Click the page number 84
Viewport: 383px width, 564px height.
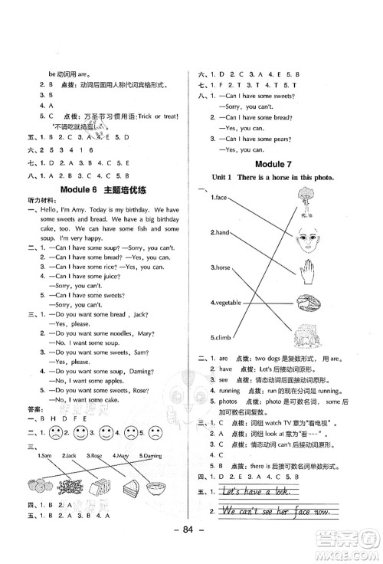[x=191, y=548]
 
